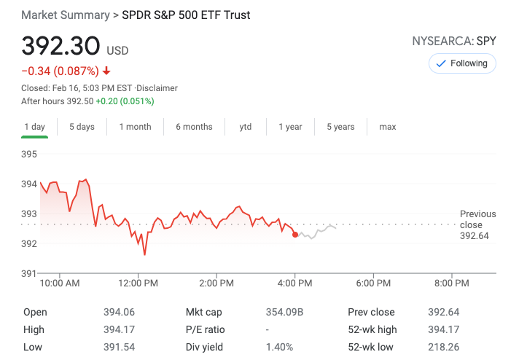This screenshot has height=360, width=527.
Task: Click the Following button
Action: (462, 63)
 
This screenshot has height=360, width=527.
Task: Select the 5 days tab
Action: (82, 127)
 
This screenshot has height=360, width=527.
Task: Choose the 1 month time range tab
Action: (135, 127)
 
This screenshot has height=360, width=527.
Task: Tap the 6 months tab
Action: (194, 127)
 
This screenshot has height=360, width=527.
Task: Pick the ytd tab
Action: (246, 127)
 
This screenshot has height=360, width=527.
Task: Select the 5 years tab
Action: (340, 127)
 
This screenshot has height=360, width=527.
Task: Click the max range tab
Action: (388, 127)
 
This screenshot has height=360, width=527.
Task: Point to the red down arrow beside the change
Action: (106, 71)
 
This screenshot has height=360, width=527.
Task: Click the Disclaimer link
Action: (158, 88)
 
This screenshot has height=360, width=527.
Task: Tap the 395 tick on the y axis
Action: (29, 154)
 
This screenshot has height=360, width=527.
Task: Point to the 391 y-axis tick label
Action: (29, 273)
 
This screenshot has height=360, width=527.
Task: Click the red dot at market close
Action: (294, 234)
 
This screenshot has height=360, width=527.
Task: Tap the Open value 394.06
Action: (119, 313)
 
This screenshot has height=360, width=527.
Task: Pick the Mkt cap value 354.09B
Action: (284, 313)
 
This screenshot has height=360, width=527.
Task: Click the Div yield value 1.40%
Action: (279, 347)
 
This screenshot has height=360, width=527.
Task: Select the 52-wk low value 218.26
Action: (443, 347)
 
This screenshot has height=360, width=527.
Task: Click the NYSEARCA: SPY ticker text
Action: (454, 42)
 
